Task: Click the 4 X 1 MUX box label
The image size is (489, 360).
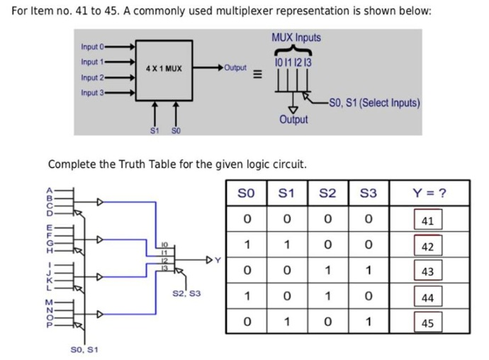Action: pos(164,69)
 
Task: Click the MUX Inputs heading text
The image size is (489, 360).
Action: pos(296,38)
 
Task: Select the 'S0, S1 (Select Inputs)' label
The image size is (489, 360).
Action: pos(374,102)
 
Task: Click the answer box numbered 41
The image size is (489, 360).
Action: pos(427,220)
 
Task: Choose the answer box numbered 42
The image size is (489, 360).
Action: pos(427,246)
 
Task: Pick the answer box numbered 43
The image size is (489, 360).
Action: pos(427,271)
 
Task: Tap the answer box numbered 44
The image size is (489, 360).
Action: pos(427,298)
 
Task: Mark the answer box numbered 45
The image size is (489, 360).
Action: pos(427,323)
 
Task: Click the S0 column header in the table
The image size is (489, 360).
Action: pos(246,193)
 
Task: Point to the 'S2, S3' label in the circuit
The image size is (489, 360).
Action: pos(186,292)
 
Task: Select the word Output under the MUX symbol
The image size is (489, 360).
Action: pos(293,119)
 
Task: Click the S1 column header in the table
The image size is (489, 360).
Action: pos(287,193)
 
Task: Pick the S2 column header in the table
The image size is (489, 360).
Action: pos(327,193)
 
